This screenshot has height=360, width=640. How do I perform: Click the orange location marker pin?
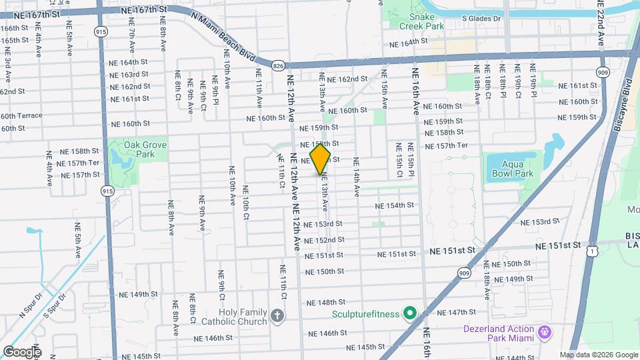click(x=320, y=159)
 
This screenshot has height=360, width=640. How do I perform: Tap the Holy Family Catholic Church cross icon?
click(x=277, y=314)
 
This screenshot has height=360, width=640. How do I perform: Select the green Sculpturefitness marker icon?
click(x=409, y=313)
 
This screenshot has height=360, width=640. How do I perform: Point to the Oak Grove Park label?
click(x=131, y=149)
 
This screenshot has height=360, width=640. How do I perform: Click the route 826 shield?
click(x=278, y=65)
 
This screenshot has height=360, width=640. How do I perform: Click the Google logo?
click(x=21, y=351)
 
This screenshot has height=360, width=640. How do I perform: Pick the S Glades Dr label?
click(x=479, y=20)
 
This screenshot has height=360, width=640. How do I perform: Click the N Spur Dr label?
click(x=30, y=307)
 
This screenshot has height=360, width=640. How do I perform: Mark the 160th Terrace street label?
click(x=21, y=116)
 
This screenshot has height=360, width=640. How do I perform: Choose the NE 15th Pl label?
click(x=411, y=160)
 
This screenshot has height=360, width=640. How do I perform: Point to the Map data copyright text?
click(x=598, y=355)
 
